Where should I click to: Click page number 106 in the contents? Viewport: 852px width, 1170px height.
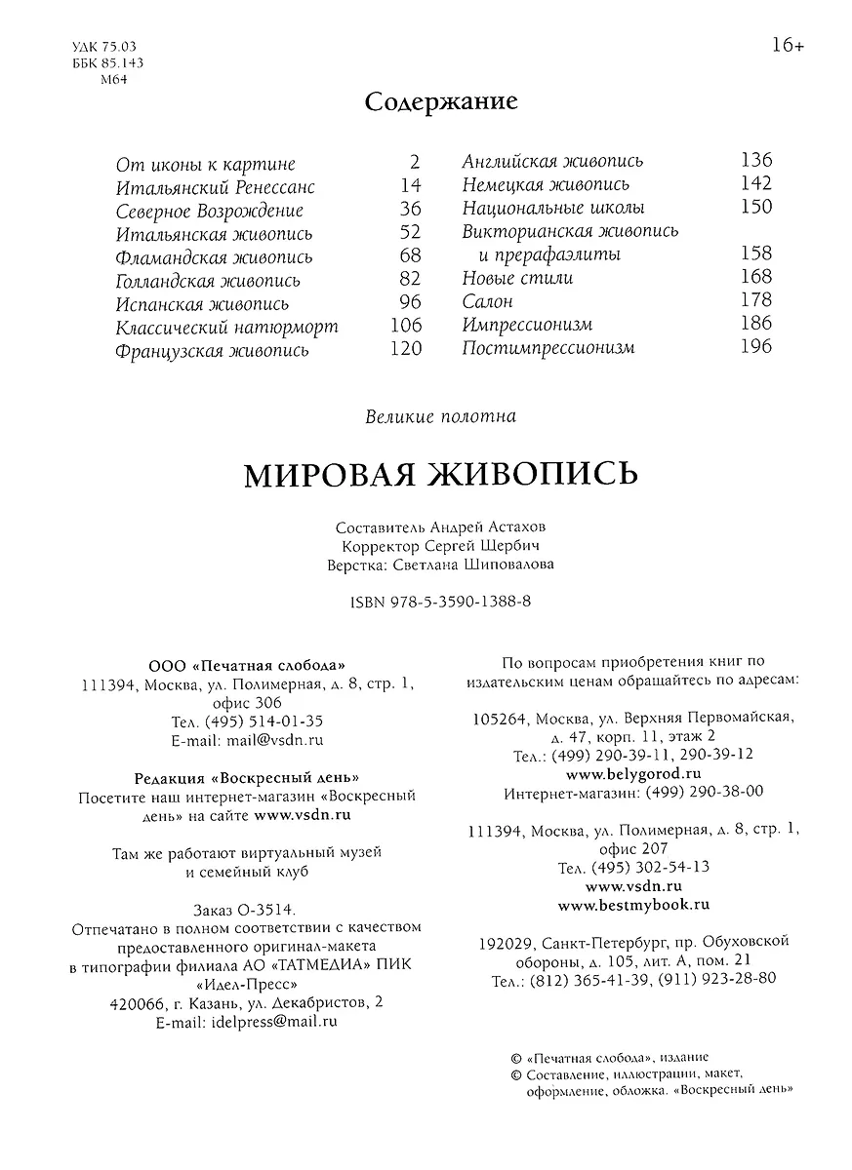coord(406,326)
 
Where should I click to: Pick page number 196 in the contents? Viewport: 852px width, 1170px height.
coord(755,346)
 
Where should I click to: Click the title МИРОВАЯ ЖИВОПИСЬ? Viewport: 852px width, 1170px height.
coord(440,474)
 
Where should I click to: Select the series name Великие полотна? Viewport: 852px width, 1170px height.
coord(440,416)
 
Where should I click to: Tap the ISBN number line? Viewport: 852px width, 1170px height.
coord(440,603)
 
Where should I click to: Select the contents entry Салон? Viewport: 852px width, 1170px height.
coord(487,301)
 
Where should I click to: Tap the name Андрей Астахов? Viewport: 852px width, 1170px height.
coord(472,527)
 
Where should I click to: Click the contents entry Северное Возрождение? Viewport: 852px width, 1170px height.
coord(209,211)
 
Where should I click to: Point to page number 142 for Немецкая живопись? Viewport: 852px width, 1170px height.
coord(755,183)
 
